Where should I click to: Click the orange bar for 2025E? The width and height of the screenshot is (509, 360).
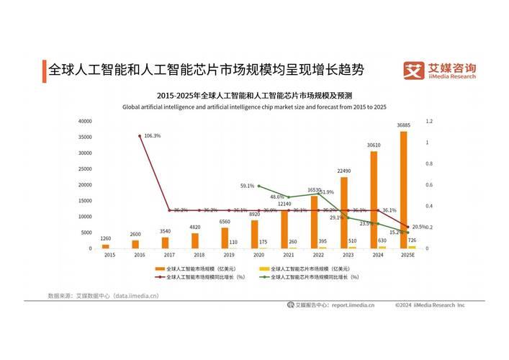[404, 190]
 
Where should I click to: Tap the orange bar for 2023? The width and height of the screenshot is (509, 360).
[344, 212]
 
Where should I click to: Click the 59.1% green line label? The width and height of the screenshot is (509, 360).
[247, 186]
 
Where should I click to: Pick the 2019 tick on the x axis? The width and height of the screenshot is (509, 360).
[228, 255]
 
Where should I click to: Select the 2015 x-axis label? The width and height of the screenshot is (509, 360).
[109, 255]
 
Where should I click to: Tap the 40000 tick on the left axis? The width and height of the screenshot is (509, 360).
[85, 121]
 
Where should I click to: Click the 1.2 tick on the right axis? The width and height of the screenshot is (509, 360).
[429, 121]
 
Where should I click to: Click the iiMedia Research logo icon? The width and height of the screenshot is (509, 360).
[413, 71]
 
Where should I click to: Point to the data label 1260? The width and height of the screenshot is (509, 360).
[106, 238]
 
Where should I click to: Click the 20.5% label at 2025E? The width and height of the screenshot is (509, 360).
[419, 226]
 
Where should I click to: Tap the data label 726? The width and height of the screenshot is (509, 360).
[412, 240]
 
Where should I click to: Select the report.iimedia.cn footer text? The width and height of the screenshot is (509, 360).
[353, 305]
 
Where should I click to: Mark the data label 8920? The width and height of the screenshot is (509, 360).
[255, 214]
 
